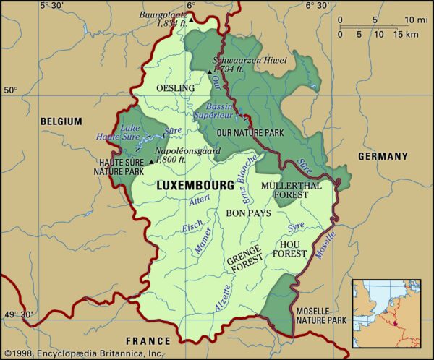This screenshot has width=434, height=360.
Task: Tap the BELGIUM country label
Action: click(61, 121)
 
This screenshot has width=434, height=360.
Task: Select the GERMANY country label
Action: click(383, 156)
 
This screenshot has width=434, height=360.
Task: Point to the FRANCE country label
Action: click(148, 340)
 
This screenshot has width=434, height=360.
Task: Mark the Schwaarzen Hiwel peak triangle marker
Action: click(210, 72)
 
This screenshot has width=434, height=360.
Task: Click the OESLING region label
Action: click(176, 88)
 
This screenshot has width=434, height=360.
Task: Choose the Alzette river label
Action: click(224, 297)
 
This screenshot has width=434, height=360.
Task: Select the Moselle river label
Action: click(327, 247)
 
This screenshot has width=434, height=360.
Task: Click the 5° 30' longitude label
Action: click(51, 6)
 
